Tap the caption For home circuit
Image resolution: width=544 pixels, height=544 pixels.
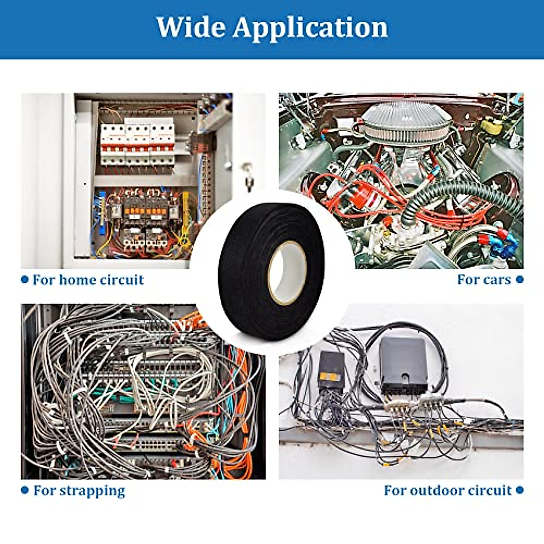tap(88, 280)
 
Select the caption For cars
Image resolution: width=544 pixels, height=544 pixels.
tap(484, 280)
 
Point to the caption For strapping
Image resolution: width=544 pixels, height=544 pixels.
tap(79, 491)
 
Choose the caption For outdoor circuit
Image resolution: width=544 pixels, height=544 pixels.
tap(447, 491)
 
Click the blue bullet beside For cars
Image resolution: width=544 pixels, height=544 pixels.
tap(520, 280)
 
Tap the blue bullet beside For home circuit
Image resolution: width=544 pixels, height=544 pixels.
tap(25, 280)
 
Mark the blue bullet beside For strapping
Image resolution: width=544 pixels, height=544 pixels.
tap(25, 491)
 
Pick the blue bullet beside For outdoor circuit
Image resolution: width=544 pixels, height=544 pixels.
tap(520, 491)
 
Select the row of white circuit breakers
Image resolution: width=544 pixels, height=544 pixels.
tap(137, 143)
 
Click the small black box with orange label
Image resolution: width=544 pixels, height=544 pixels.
tap(331, 369)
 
